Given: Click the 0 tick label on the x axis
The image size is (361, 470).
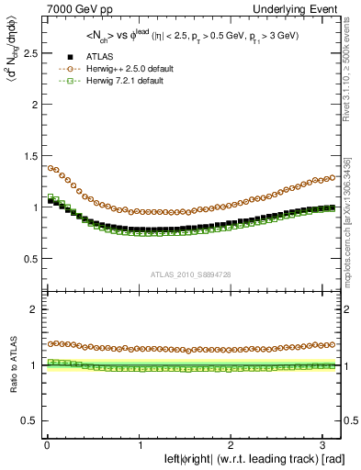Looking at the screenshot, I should (47, 445).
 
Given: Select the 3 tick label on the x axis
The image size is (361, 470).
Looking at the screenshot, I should (325, 445).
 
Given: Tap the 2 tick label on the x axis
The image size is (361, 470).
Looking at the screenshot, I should (232, 445).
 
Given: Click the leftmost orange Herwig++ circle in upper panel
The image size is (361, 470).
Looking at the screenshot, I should (50, 168).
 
